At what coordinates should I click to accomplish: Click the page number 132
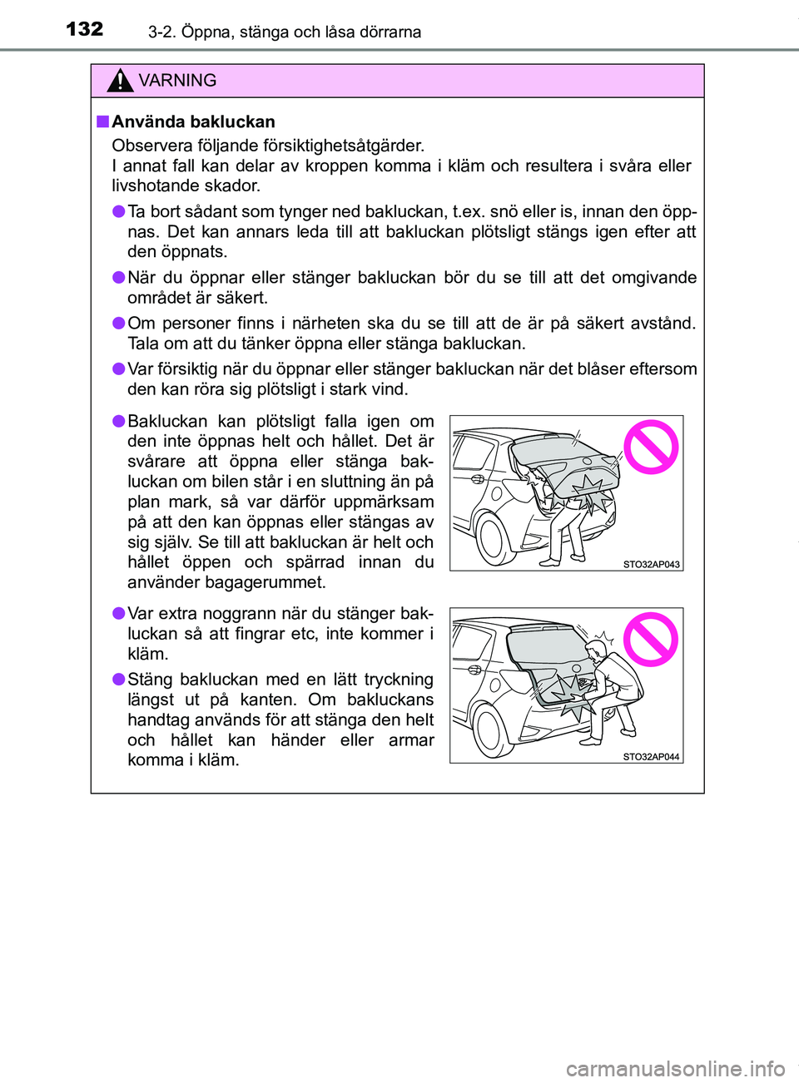click(x=85, y=29)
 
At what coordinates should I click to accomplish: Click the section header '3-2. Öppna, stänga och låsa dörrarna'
click(x=285, y=32)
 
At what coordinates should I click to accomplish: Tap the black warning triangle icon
click(x=120, y=81)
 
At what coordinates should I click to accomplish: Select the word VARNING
click(x=177, y=81)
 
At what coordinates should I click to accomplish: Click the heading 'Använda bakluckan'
click(x=193, y=121)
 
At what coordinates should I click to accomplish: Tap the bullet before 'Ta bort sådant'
click(x=119, y=211)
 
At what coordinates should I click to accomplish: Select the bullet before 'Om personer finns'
click(x=119, y=323)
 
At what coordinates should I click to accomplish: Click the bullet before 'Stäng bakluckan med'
click(x=119, y=680)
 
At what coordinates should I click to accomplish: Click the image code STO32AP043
click(x=651, y=564)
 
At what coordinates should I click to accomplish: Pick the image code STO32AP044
click(x=651, y=757)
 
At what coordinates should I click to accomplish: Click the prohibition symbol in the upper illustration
click(x=651, y=448)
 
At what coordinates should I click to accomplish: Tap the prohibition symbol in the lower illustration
click(x=651, y=640)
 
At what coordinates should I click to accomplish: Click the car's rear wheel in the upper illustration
click(x=491, y=539)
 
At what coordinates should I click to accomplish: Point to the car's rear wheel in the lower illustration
click(x=489, y=730)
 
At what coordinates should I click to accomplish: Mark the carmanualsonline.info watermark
click(x=675, y=1068)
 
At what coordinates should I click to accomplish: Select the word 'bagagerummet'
click(x=267, y=582)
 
